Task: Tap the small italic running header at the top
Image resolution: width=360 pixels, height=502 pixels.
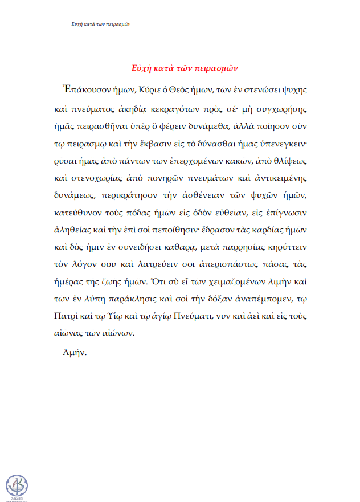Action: tap(101, 25)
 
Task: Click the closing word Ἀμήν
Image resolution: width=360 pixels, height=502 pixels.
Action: tap(75, 353)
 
